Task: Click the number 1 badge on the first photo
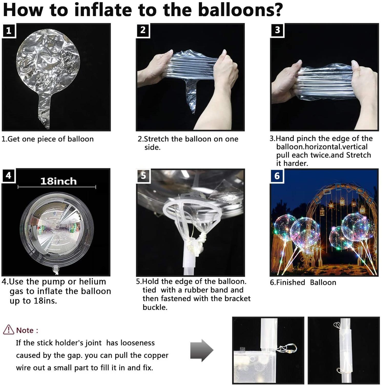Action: [x=9, y=31]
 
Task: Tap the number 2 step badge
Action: [x=143, y=30]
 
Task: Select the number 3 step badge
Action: [x=277, y=30]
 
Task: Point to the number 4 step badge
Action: [x=9, y=176]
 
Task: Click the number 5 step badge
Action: [x=143, y=176]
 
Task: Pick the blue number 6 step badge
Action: [x=277, y=176]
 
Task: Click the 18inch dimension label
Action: [x=58, y=181]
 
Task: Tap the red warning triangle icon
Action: [x=8, y=330]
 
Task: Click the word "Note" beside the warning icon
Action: [x=25, y=330]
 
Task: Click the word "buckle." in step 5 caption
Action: [x=155, y=307]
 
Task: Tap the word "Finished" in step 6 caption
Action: [x=291, y=282]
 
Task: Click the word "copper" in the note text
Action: [x=156, y=356]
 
